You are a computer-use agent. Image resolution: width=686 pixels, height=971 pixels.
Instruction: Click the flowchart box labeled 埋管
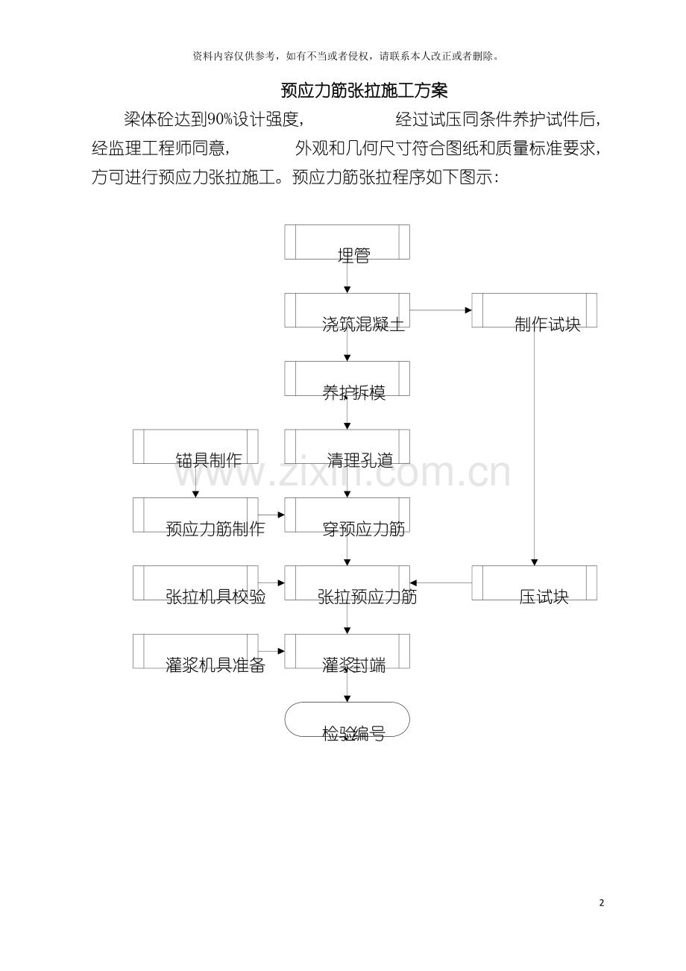pos(347,242)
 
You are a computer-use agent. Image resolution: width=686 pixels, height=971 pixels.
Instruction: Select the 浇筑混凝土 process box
pos(347,310)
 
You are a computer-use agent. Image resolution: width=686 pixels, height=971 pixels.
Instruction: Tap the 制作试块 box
pos(534,310)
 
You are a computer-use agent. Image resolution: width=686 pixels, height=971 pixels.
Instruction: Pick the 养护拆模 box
pos(347,378)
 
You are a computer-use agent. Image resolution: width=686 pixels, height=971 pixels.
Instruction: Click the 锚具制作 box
pos(195,447)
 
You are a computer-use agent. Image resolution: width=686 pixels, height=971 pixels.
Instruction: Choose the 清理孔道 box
pos(347,447)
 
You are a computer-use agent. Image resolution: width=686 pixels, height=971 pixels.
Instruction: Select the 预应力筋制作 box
pos(195,515)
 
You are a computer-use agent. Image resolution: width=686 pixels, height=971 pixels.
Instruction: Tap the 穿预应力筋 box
pos(347,515)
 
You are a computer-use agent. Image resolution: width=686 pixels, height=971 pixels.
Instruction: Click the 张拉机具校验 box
pos(195,582)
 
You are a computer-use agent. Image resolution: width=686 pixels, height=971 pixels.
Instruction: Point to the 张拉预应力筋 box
pos(347,582)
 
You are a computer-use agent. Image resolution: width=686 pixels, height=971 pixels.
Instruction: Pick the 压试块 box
pos(534,582)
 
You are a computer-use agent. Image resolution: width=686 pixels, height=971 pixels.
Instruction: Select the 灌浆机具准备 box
pos(195,651)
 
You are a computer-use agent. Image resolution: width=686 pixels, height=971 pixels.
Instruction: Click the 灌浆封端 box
pos(347,651)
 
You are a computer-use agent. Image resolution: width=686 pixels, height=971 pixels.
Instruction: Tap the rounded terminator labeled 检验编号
pos(347,719)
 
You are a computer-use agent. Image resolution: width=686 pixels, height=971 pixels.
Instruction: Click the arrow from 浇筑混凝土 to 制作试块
pos(441,310)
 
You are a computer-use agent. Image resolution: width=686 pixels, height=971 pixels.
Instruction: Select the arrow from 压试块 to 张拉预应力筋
pos(441,582)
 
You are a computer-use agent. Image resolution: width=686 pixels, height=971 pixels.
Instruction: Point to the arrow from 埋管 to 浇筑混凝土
pos(347,276)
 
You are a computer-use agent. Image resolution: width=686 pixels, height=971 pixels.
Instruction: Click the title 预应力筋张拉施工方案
pos(364,90)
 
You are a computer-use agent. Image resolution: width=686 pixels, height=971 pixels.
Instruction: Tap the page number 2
pos(602,903)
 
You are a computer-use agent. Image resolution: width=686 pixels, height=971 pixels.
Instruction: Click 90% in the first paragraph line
pos(220,119)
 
